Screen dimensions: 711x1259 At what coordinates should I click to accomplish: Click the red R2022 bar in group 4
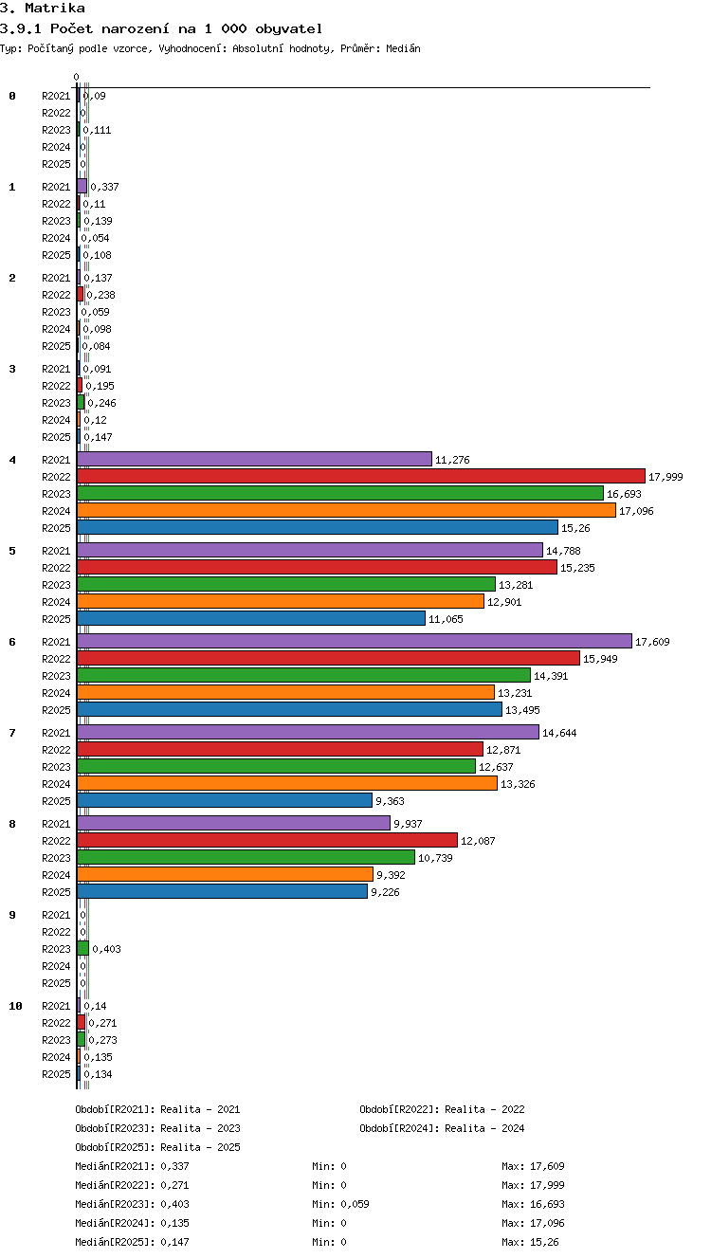[x=361, y=476]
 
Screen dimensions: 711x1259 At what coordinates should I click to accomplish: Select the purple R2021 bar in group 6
[x=355, y=641]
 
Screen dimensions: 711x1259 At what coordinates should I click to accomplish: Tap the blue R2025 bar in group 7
[x=225, y=800]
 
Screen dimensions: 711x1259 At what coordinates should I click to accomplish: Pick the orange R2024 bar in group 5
[x=281, y=601]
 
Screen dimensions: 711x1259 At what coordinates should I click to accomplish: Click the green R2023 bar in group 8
[x=246, y=857]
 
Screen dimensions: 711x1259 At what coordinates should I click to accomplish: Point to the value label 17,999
[x=665, y=477]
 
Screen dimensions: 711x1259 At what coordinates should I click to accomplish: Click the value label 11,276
[x=452, y=460]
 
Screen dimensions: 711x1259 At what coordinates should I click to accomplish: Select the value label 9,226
[x=385, y=892]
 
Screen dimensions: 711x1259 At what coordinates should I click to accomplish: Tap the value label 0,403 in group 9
[x=106, y=949]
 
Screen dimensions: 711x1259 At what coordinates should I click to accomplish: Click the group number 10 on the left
[x=15, y=1006]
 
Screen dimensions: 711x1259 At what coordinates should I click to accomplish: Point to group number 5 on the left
[x=12, y=551]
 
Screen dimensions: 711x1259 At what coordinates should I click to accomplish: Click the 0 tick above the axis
[x=77, y=77]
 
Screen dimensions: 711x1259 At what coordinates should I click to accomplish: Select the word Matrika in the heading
[x=55, y=8]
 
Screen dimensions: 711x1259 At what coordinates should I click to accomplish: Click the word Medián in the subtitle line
[x=403, y=48]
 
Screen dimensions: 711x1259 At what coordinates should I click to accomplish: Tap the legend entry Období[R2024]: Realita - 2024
[x=442, y=1127]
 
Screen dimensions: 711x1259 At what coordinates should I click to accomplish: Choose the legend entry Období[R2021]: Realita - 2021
[x=157, y=1109]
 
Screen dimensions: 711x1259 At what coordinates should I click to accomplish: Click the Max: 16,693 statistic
[x=533, y=1203]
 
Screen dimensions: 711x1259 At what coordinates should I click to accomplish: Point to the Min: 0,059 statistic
[x=340, y=1203]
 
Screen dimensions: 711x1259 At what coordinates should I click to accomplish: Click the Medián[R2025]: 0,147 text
[x=132, y=1241]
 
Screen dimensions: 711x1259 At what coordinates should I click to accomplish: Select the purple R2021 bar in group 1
[x=82, y=186]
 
